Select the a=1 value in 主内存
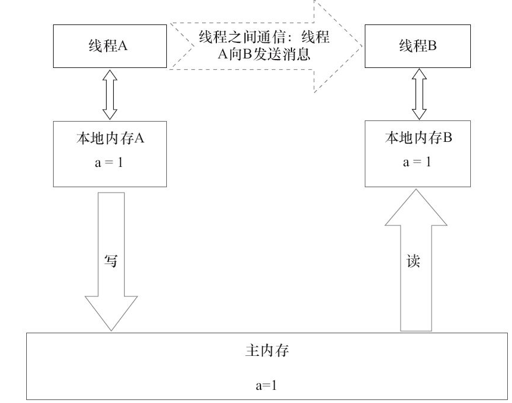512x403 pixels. pos(266,384)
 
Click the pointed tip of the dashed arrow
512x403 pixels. pos(362,46)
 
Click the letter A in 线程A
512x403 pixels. pos(125,47)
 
